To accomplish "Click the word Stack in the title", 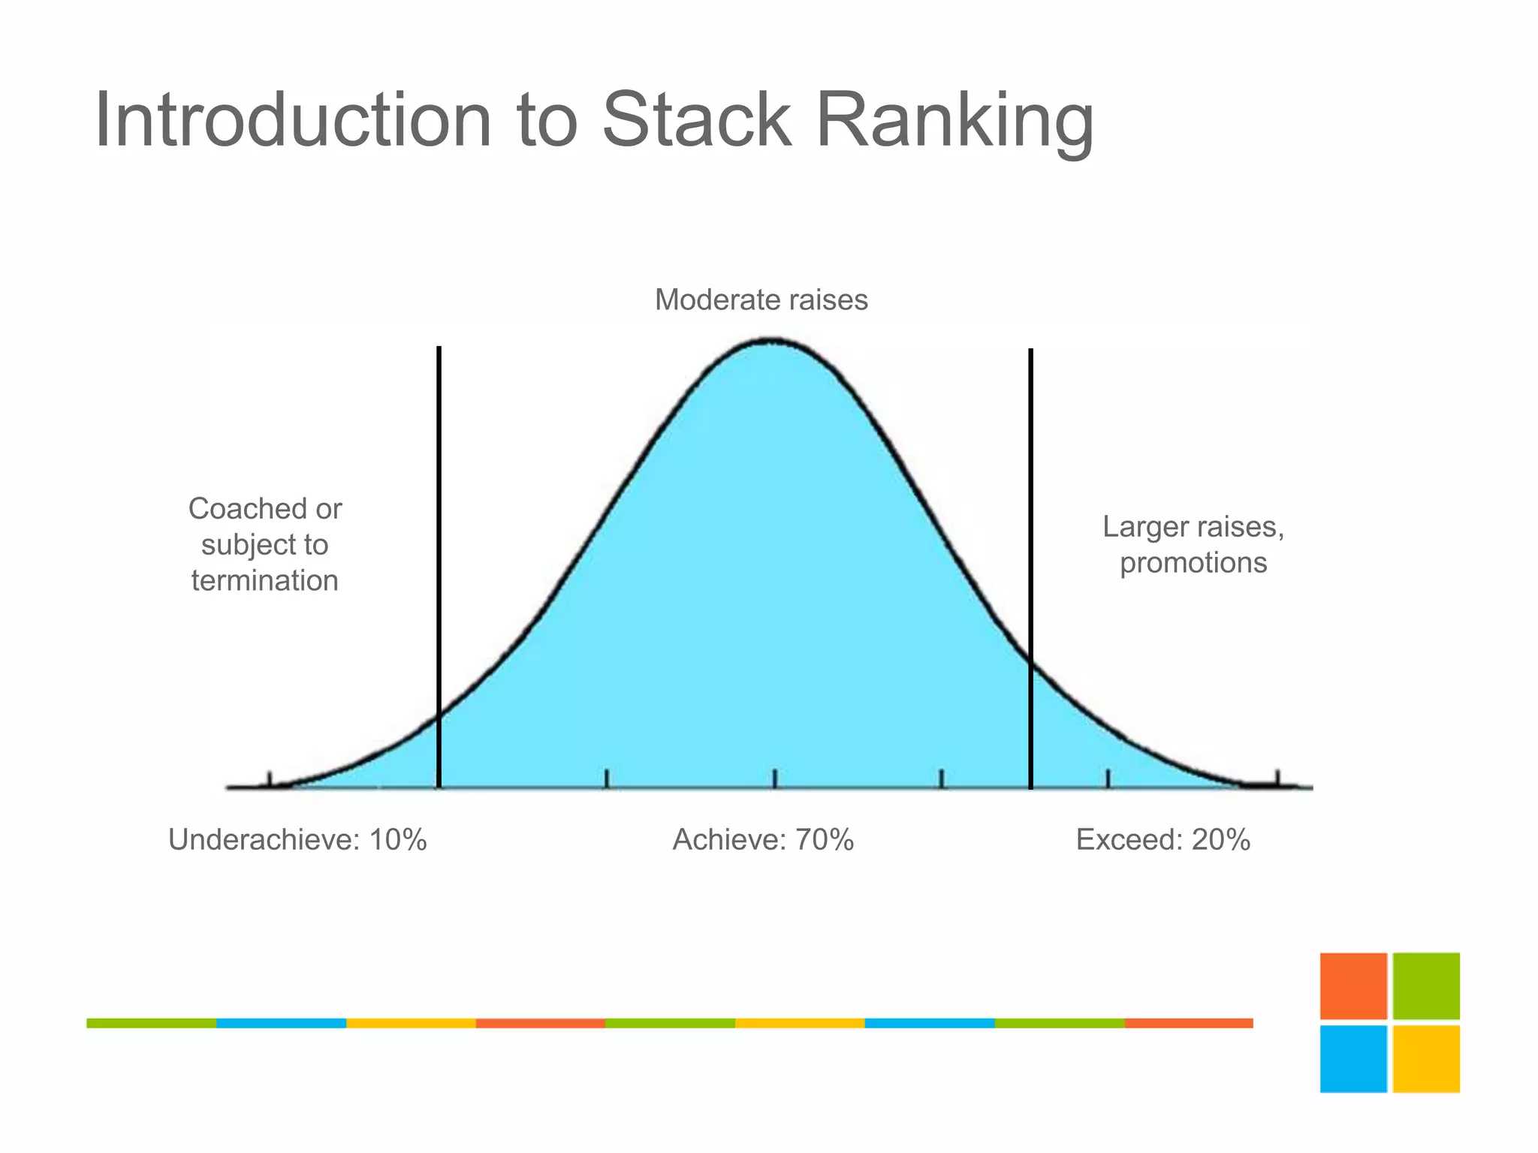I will click(696, 120).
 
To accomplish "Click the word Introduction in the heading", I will click(294, 120).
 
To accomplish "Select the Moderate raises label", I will click(761, 300).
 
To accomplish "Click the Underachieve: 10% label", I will click(297, 839).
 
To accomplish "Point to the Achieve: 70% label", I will click(763, 839).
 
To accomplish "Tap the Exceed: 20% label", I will click(1163, 839).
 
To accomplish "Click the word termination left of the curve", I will click(264, 580).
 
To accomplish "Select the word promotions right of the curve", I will click(1193, 562).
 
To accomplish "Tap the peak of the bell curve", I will click(770, 342).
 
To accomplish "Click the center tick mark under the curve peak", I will click(774, 778).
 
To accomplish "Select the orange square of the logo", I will click(1353, 986).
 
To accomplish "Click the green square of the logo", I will click(1425, 986).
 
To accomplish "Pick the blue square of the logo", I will click(1353, 1058).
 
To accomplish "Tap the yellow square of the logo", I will click(1425, 1058).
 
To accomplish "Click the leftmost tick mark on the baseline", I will click(270, 779).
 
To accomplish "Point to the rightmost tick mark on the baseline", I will click(1277, 778).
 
